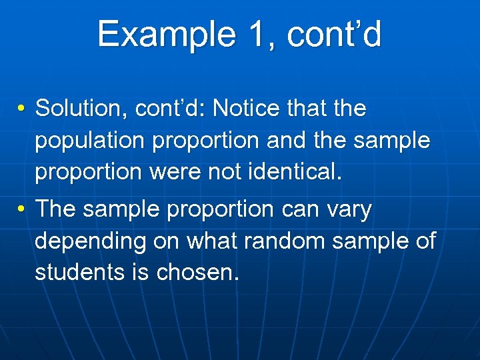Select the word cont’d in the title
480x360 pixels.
pos(334,34)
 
